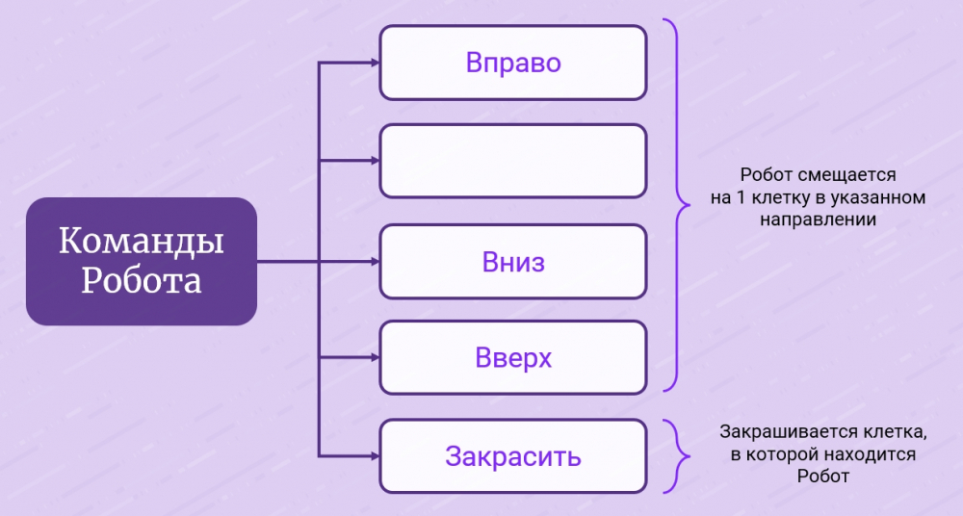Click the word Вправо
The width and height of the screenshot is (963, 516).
pos(512,63)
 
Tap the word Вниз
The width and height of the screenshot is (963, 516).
pos(512,262)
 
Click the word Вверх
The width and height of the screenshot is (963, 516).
pos(512,358)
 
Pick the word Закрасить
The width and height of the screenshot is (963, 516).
pos(512,455)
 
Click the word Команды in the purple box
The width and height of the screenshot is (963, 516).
pos(141,242)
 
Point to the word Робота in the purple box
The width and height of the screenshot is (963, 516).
pos(141,281)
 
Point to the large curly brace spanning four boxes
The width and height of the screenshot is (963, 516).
pos(679,206)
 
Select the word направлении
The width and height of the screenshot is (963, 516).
pos(819,219)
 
